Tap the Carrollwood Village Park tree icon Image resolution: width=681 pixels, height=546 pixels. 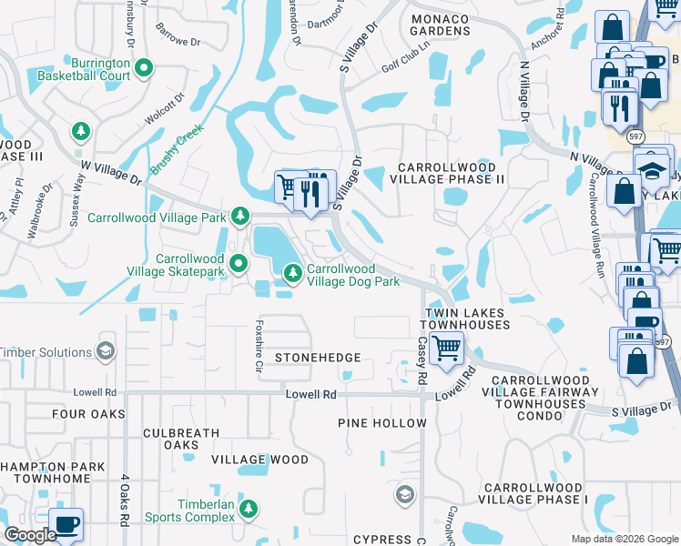point(239,217)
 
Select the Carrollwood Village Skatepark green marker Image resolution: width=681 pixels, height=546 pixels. point(239,264)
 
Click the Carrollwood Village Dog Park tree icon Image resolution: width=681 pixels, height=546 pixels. point(292,273)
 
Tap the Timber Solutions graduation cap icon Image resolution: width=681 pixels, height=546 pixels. point(106,352)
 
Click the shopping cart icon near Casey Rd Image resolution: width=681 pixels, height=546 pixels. point(445,348)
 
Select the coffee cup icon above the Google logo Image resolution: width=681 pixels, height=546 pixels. point(66,524)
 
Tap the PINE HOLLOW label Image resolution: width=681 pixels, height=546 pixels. point(381,423)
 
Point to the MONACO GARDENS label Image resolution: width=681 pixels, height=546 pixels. point(441,25)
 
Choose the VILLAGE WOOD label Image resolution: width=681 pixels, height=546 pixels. point(260,460)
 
